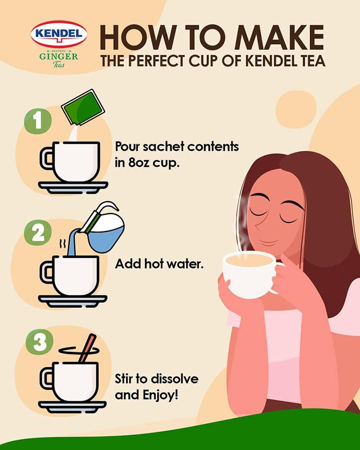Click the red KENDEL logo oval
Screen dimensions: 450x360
(x=59, y=34)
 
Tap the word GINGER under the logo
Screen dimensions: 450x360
(x=59, y=56)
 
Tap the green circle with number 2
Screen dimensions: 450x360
(x=38, y=233)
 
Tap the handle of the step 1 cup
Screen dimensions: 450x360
(x=47, y=159)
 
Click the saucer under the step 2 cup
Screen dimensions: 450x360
(x=73, y=301)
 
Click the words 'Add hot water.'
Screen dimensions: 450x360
(x=159, y=264)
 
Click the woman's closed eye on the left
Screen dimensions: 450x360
(x=259, y=212)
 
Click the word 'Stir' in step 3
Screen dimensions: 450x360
(x=126, y=379)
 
